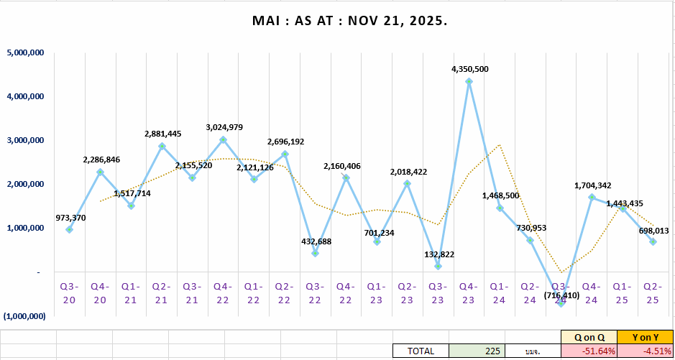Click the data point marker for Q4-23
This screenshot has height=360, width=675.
pos(469,82)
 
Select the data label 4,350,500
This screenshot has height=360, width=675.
pos(470,69)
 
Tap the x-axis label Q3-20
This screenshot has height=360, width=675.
pos(69,292)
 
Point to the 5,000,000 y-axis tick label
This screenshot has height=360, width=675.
pos(26,52)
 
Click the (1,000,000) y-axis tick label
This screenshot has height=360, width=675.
pos(25,316)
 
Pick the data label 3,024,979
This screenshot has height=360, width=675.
pos(224,127)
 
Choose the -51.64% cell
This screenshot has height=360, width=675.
pos(588,351)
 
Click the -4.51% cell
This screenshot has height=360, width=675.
pos(645,351)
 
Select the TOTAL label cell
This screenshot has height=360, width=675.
pos(421,351)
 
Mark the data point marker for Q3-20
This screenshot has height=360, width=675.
pos(70,229)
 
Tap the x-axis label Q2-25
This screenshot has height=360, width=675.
pos(653,292)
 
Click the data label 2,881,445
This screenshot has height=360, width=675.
pos(162,134)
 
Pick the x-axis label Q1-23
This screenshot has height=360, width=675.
pos(377,292)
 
